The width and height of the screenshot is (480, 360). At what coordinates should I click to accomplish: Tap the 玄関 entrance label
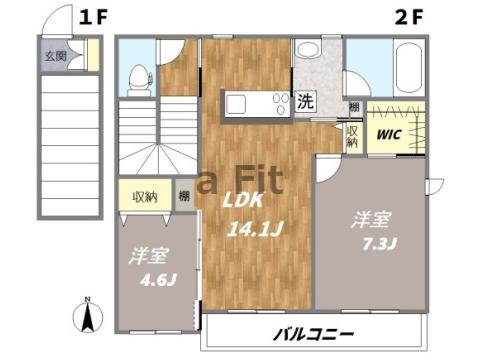pos(55,56)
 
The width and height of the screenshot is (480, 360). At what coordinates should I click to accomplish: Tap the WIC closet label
pos(387,132)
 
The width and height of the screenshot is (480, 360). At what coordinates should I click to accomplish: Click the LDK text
pos(240,198)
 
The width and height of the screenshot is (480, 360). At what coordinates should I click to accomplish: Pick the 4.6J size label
pos(152,279)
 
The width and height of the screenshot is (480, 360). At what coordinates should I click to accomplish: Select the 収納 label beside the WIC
pos(352,136)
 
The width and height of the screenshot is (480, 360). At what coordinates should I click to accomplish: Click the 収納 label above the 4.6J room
pos(145,195)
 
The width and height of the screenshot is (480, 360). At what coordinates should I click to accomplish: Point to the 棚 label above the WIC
pos(354,107)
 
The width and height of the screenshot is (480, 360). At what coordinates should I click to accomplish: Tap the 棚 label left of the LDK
pos(184,196)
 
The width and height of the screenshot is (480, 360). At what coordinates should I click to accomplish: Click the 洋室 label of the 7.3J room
pos(363,219)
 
